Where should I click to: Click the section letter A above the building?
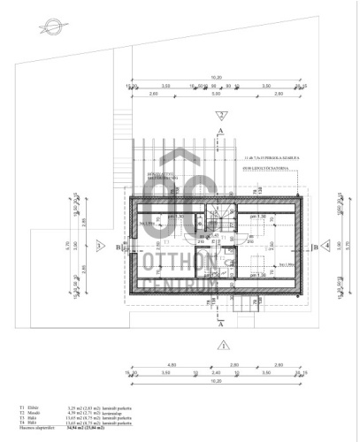click(x=218, y=131)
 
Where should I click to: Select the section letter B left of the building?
click(x=118, y=248)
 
